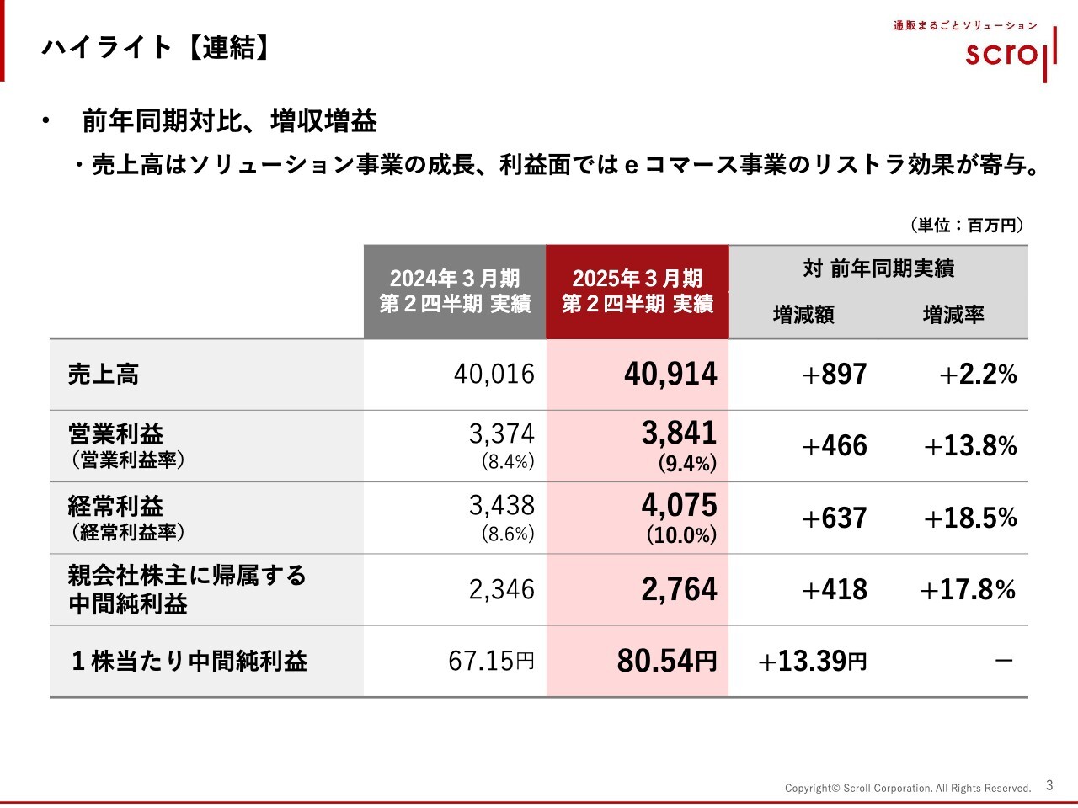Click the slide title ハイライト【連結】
tap(157, 47)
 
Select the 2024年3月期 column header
tap(455, 291)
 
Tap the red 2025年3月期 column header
tap(638, 291)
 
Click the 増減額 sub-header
tap(803, 315)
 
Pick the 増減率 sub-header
tap(953, 315)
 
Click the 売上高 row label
tap(104, 375)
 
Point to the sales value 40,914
tap(670, 375)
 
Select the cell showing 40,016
tap(494, 375)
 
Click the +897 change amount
tap(834, 375)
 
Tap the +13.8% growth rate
tap(970, 446)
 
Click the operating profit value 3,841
tap(679, 433)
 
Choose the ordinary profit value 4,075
tap(679, 505)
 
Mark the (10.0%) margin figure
tap(681, 535)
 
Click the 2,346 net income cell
tap(501, 589)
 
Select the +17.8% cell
tap(968, 589)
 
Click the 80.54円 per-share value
tap(666, 662)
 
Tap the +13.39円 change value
tap(812, 662)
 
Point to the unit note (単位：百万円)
tap(967, 225)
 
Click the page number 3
tap(1049, 785)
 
